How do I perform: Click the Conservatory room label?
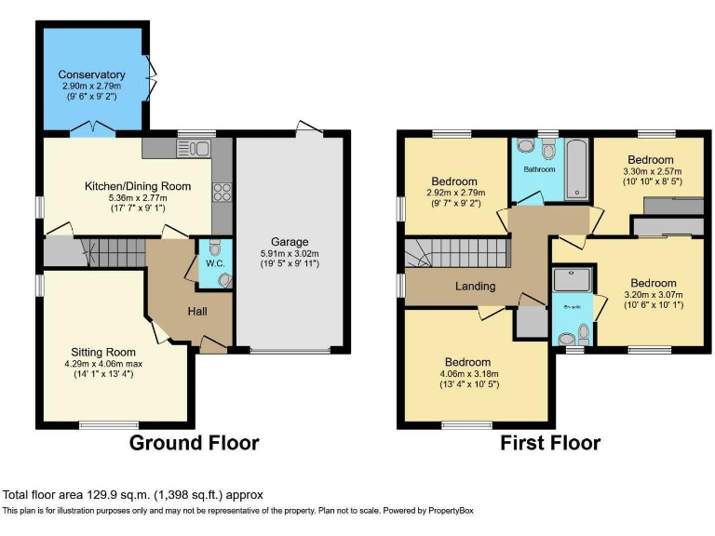(x=91, y=74)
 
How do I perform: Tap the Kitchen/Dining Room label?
(x=138, y=186)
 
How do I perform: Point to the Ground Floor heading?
(x=194, y=442)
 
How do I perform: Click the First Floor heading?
(x=550, y=442)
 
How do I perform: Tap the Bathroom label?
(x=539, y=169)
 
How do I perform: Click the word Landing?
(x=476, y=286)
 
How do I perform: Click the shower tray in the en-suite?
(x=566, y=279)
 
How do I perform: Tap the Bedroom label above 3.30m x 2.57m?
(x=651, y=159)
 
